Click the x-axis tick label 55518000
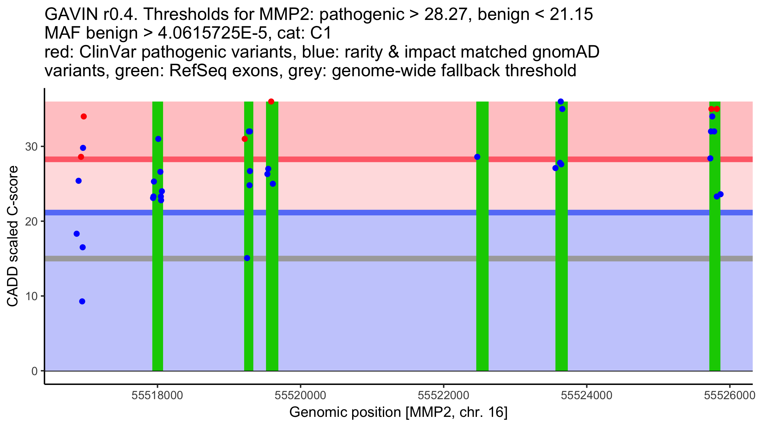point(157,395)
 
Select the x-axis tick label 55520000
point(301,395)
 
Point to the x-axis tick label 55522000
point(444,395)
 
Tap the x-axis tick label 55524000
point(587,395)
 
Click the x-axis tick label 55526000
point(730,395)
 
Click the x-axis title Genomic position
point(398,412)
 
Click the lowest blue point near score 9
point(82,301)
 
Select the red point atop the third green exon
point(271,102)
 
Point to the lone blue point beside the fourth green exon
point(477,157)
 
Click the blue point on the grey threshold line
point(247,258)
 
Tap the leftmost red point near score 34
point(84,117)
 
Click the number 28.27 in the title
point(445,15)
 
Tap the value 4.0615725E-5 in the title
point(212,33)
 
